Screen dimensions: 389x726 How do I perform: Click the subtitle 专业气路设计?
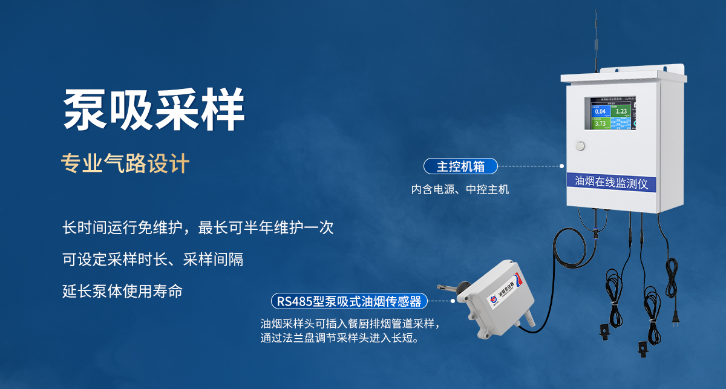point(126,163)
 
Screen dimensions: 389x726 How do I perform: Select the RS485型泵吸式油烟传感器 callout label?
point(349,301)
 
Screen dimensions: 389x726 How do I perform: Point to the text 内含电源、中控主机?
point(460,189)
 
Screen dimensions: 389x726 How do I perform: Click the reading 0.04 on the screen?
point(600,111)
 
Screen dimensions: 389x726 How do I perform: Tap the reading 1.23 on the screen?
point(621,111)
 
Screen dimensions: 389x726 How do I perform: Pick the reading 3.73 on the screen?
point(600,123)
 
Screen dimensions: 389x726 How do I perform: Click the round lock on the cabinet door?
point(581,145)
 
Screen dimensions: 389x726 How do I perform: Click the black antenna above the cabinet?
point(596,42)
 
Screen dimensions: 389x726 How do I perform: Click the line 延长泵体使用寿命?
point(122,291)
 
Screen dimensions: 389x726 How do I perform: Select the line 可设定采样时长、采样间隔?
point(153,260)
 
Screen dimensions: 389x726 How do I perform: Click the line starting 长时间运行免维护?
point(198,228)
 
